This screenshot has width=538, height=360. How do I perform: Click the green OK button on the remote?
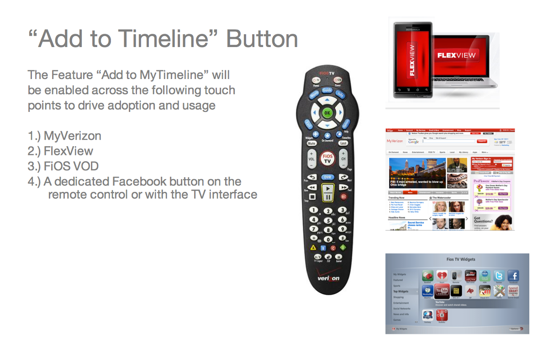[327, 112]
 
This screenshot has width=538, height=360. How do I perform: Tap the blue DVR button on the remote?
[327, 177]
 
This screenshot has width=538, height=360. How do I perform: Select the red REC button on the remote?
[343, 196]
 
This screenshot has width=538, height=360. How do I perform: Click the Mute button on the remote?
[311, 143]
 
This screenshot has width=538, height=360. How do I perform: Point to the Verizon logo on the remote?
[328, 277]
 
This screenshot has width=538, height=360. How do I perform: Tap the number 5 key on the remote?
[327, 220]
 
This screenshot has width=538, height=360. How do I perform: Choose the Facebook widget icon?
[513, 276]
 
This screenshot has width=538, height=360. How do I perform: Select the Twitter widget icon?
[499, 276]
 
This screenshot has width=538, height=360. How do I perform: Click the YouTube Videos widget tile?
[442, 291]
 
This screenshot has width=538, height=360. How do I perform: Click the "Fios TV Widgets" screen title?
[460, 259]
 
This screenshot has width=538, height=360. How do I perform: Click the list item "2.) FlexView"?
[60, 151]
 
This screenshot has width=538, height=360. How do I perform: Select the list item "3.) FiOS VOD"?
[63, 166]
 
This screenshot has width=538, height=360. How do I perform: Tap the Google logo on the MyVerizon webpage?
[413, 142]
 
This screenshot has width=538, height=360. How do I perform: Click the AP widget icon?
[470, 291]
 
